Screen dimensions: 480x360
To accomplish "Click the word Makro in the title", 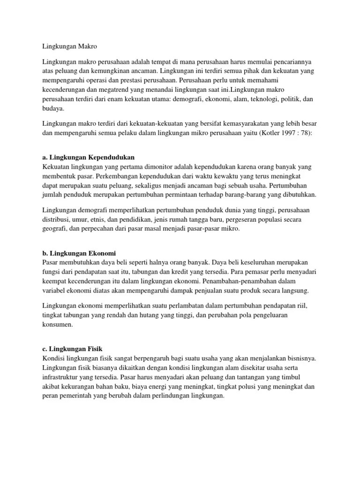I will (89, 46).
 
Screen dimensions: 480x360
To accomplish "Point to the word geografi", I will (54, 228).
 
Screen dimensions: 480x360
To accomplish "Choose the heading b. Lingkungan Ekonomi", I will (79, 253).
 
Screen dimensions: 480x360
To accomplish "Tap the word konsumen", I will (57, 324).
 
